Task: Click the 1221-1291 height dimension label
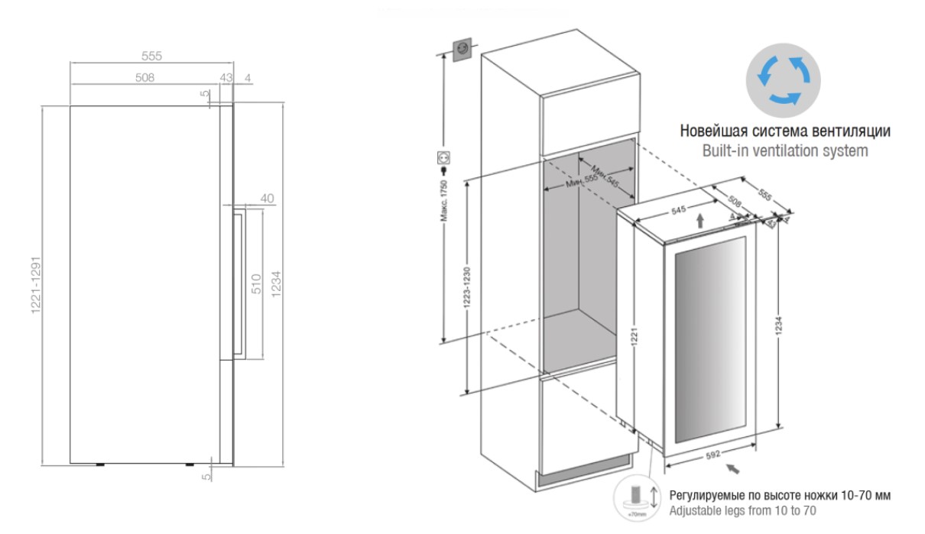point(35,284)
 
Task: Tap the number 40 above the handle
point(267,198)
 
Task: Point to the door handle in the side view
point(239,283)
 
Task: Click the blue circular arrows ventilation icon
point(784,79)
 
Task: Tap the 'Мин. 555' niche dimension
point(581,182)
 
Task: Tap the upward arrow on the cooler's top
point(701,220)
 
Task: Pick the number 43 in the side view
point(225,77)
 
